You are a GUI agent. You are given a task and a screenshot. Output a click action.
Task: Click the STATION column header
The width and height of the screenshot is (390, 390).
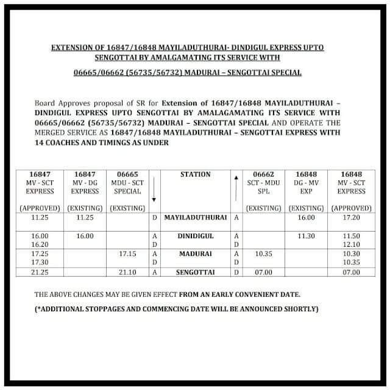coord(195,174)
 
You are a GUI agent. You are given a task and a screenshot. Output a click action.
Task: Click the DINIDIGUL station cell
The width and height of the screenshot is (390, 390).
coord(195,235)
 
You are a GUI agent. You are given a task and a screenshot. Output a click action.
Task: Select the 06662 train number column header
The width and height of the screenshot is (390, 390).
coord(263,174)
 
